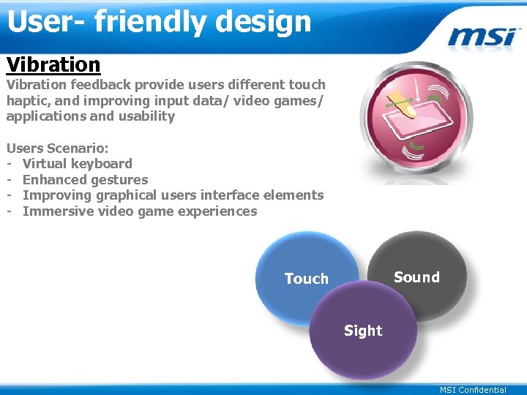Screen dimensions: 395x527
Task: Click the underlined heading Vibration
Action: pos(53,64)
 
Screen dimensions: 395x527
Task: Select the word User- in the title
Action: pos(46,22)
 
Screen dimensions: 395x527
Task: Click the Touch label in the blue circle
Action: pos(306,279)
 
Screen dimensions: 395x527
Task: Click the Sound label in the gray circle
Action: pos(416,277)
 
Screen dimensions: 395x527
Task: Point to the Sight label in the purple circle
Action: pos(363,331)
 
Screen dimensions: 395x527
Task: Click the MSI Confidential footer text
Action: pos(473,390)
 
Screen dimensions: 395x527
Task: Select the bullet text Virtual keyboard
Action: pos(78,164)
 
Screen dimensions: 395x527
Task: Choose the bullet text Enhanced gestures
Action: pos(85,180)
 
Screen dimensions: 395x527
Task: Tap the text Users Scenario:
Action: pos(58,148)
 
